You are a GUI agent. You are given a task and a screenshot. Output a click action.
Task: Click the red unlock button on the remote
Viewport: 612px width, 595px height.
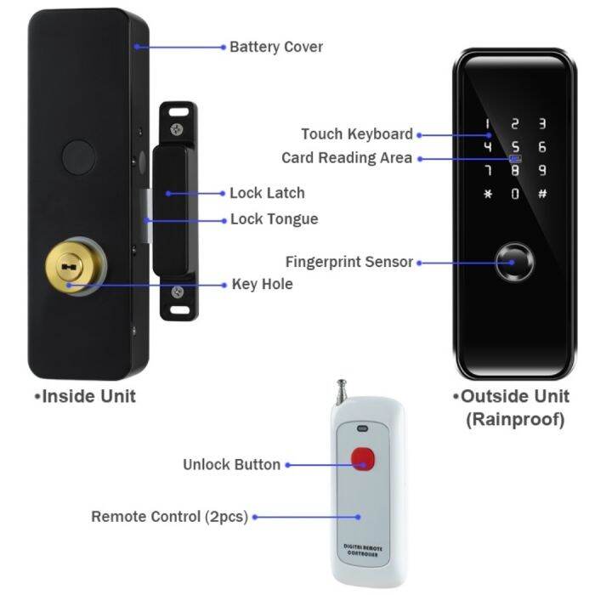364,459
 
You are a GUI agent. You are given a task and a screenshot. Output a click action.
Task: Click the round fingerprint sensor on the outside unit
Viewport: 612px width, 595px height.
514,263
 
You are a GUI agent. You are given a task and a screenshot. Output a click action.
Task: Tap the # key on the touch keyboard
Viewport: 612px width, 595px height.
542,194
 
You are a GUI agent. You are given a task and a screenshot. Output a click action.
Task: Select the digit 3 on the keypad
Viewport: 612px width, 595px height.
542,124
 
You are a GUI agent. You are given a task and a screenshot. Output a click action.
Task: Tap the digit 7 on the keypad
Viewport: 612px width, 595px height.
487,171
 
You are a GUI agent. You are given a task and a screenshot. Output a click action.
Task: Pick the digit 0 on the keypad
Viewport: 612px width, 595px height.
514,194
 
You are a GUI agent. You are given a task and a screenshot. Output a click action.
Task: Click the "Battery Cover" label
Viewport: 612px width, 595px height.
276,47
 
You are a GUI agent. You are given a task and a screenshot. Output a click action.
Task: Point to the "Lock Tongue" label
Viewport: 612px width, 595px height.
274,219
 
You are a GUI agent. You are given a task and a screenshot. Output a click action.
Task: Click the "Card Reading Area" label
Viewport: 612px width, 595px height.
347,158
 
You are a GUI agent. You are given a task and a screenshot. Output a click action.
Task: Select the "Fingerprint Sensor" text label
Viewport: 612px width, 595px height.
348,262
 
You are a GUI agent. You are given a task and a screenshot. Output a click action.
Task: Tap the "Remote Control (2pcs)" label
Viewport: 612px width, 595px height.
169,516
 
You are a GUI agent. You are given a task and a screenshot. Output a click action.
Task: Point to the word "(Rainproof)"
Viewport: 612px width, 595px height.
514,420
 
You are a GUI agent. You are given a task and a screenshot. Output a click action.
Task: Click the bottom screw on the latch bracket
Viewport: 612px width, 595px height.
177,293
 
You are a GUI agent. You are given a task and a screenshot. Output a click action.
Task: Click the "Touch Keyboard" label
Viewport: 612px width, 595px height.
356,134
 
